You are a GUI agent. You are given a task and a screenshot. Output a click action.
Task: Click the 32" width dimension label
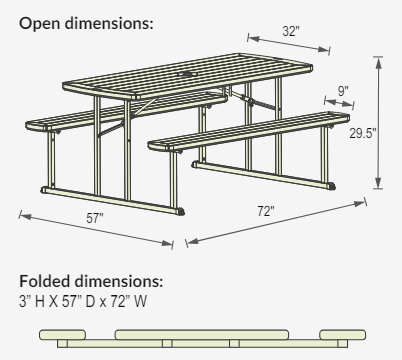(290, 31)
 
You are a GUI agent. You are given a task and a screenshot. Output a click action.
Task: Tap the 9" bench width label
(343, 91)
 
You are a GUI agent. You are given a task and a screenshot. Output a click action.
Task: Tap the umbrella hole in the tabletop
(186, 74)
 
